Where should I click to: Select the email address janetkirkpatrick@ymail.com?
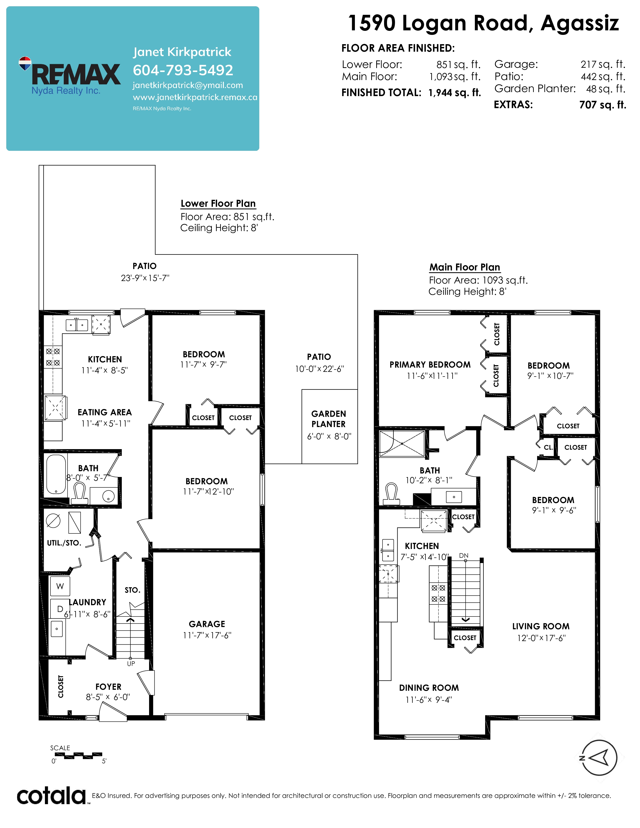click(188, 85)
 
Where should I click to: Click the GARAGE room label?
click(207, 624)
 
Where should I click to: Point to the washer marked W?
click(60, 586)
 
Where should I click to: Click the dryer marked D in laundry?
click(59, 609)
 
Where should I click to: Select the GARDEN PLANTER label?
click(329, 419)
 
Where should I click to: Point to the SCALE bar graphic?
click(79, 755)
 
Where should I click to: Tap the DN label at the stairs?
click(464, 556)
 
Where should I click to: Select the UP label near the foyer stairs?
click(131, 663)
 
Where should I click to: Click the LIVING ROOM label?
click(541, 626)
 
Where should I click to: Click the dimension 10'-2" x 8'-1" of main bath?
click(429, 480)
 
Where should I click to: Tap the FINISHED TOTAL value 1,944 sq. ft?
click(455, 93)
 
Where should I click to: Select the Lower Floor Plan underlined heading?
click(218, 203)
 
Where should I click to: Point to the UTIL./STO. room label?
click(64, 543)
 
